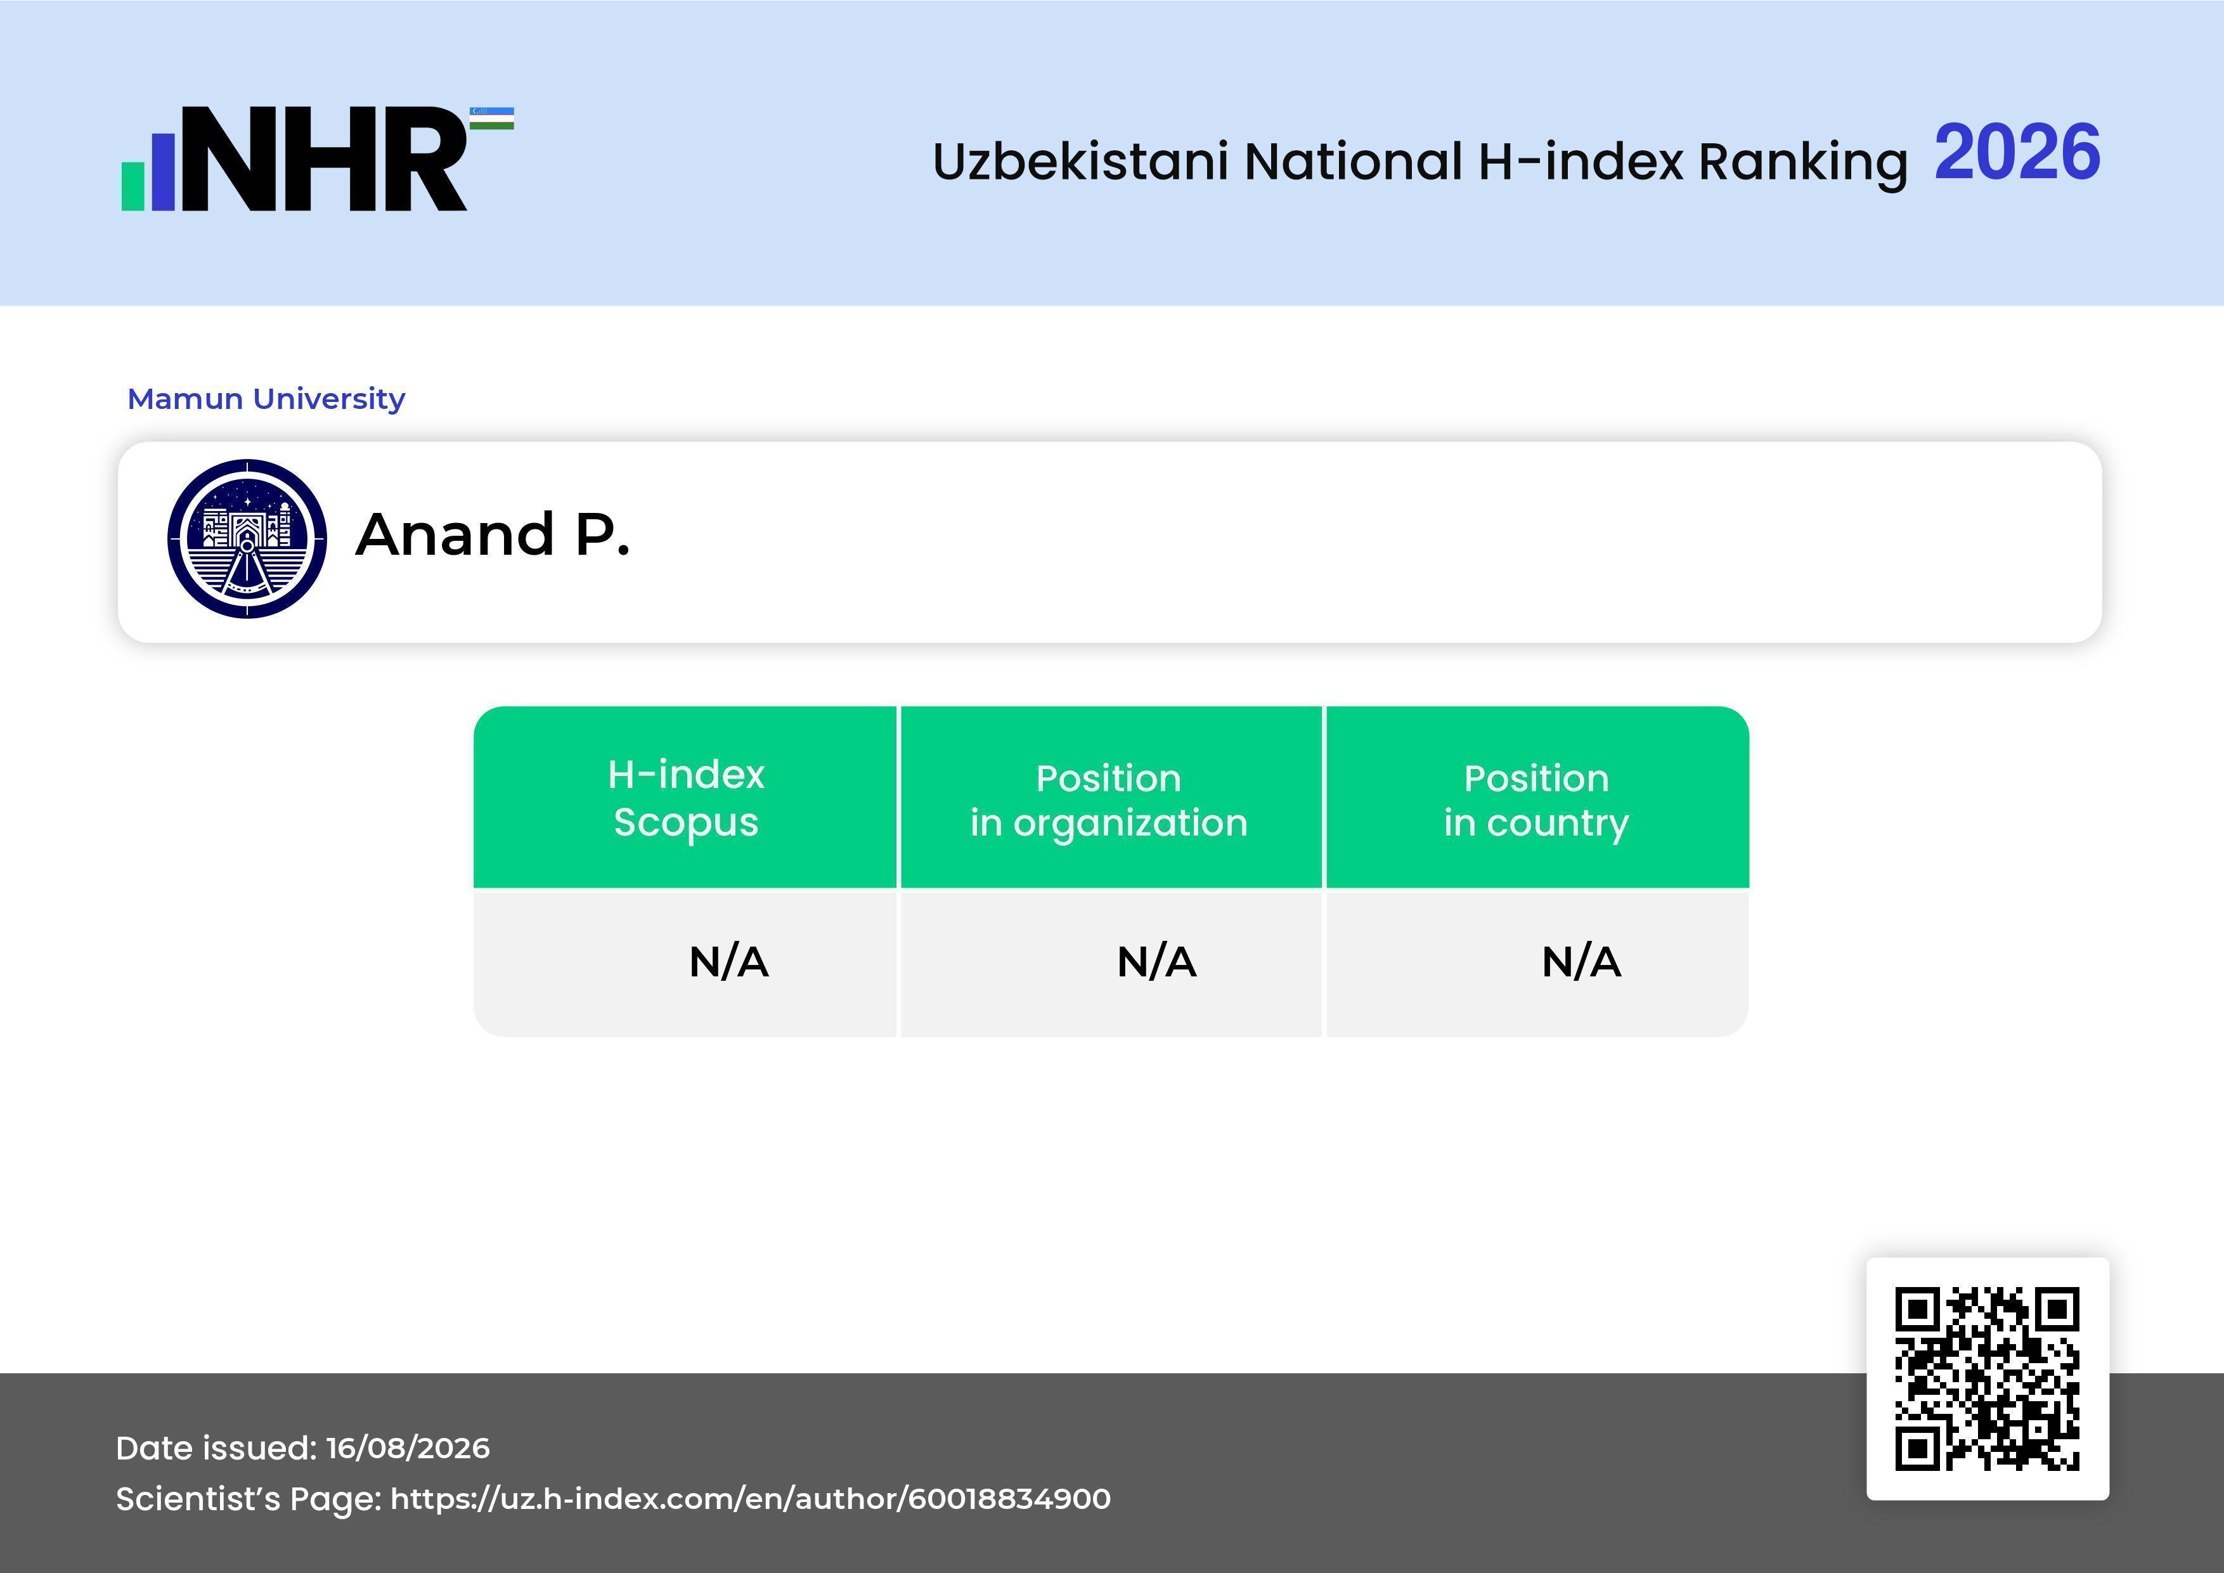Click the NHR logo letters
[x=325, y=159]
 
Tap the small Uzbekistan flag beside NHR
[x=492, y=118]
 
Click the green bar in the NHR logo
[x=133, y=185]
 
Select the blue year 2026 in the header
[x=2018, y=152]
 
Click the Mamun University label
[x=266, y=398]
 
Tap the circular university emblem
[x=247, y=538]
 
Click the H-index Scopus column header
[x=686, y=798]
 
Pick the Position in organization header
[x=1109, y=800]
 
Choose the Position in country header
[x=1536, y=800]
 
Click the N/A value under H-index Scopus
[x=728, y=962]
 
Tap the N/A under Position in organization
[x=1156, y=962]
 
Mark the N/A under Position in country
[x=1581, y=962]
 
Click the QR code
[x=1988, y=1379]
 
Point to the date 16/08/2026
[x=408, y=1448]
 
